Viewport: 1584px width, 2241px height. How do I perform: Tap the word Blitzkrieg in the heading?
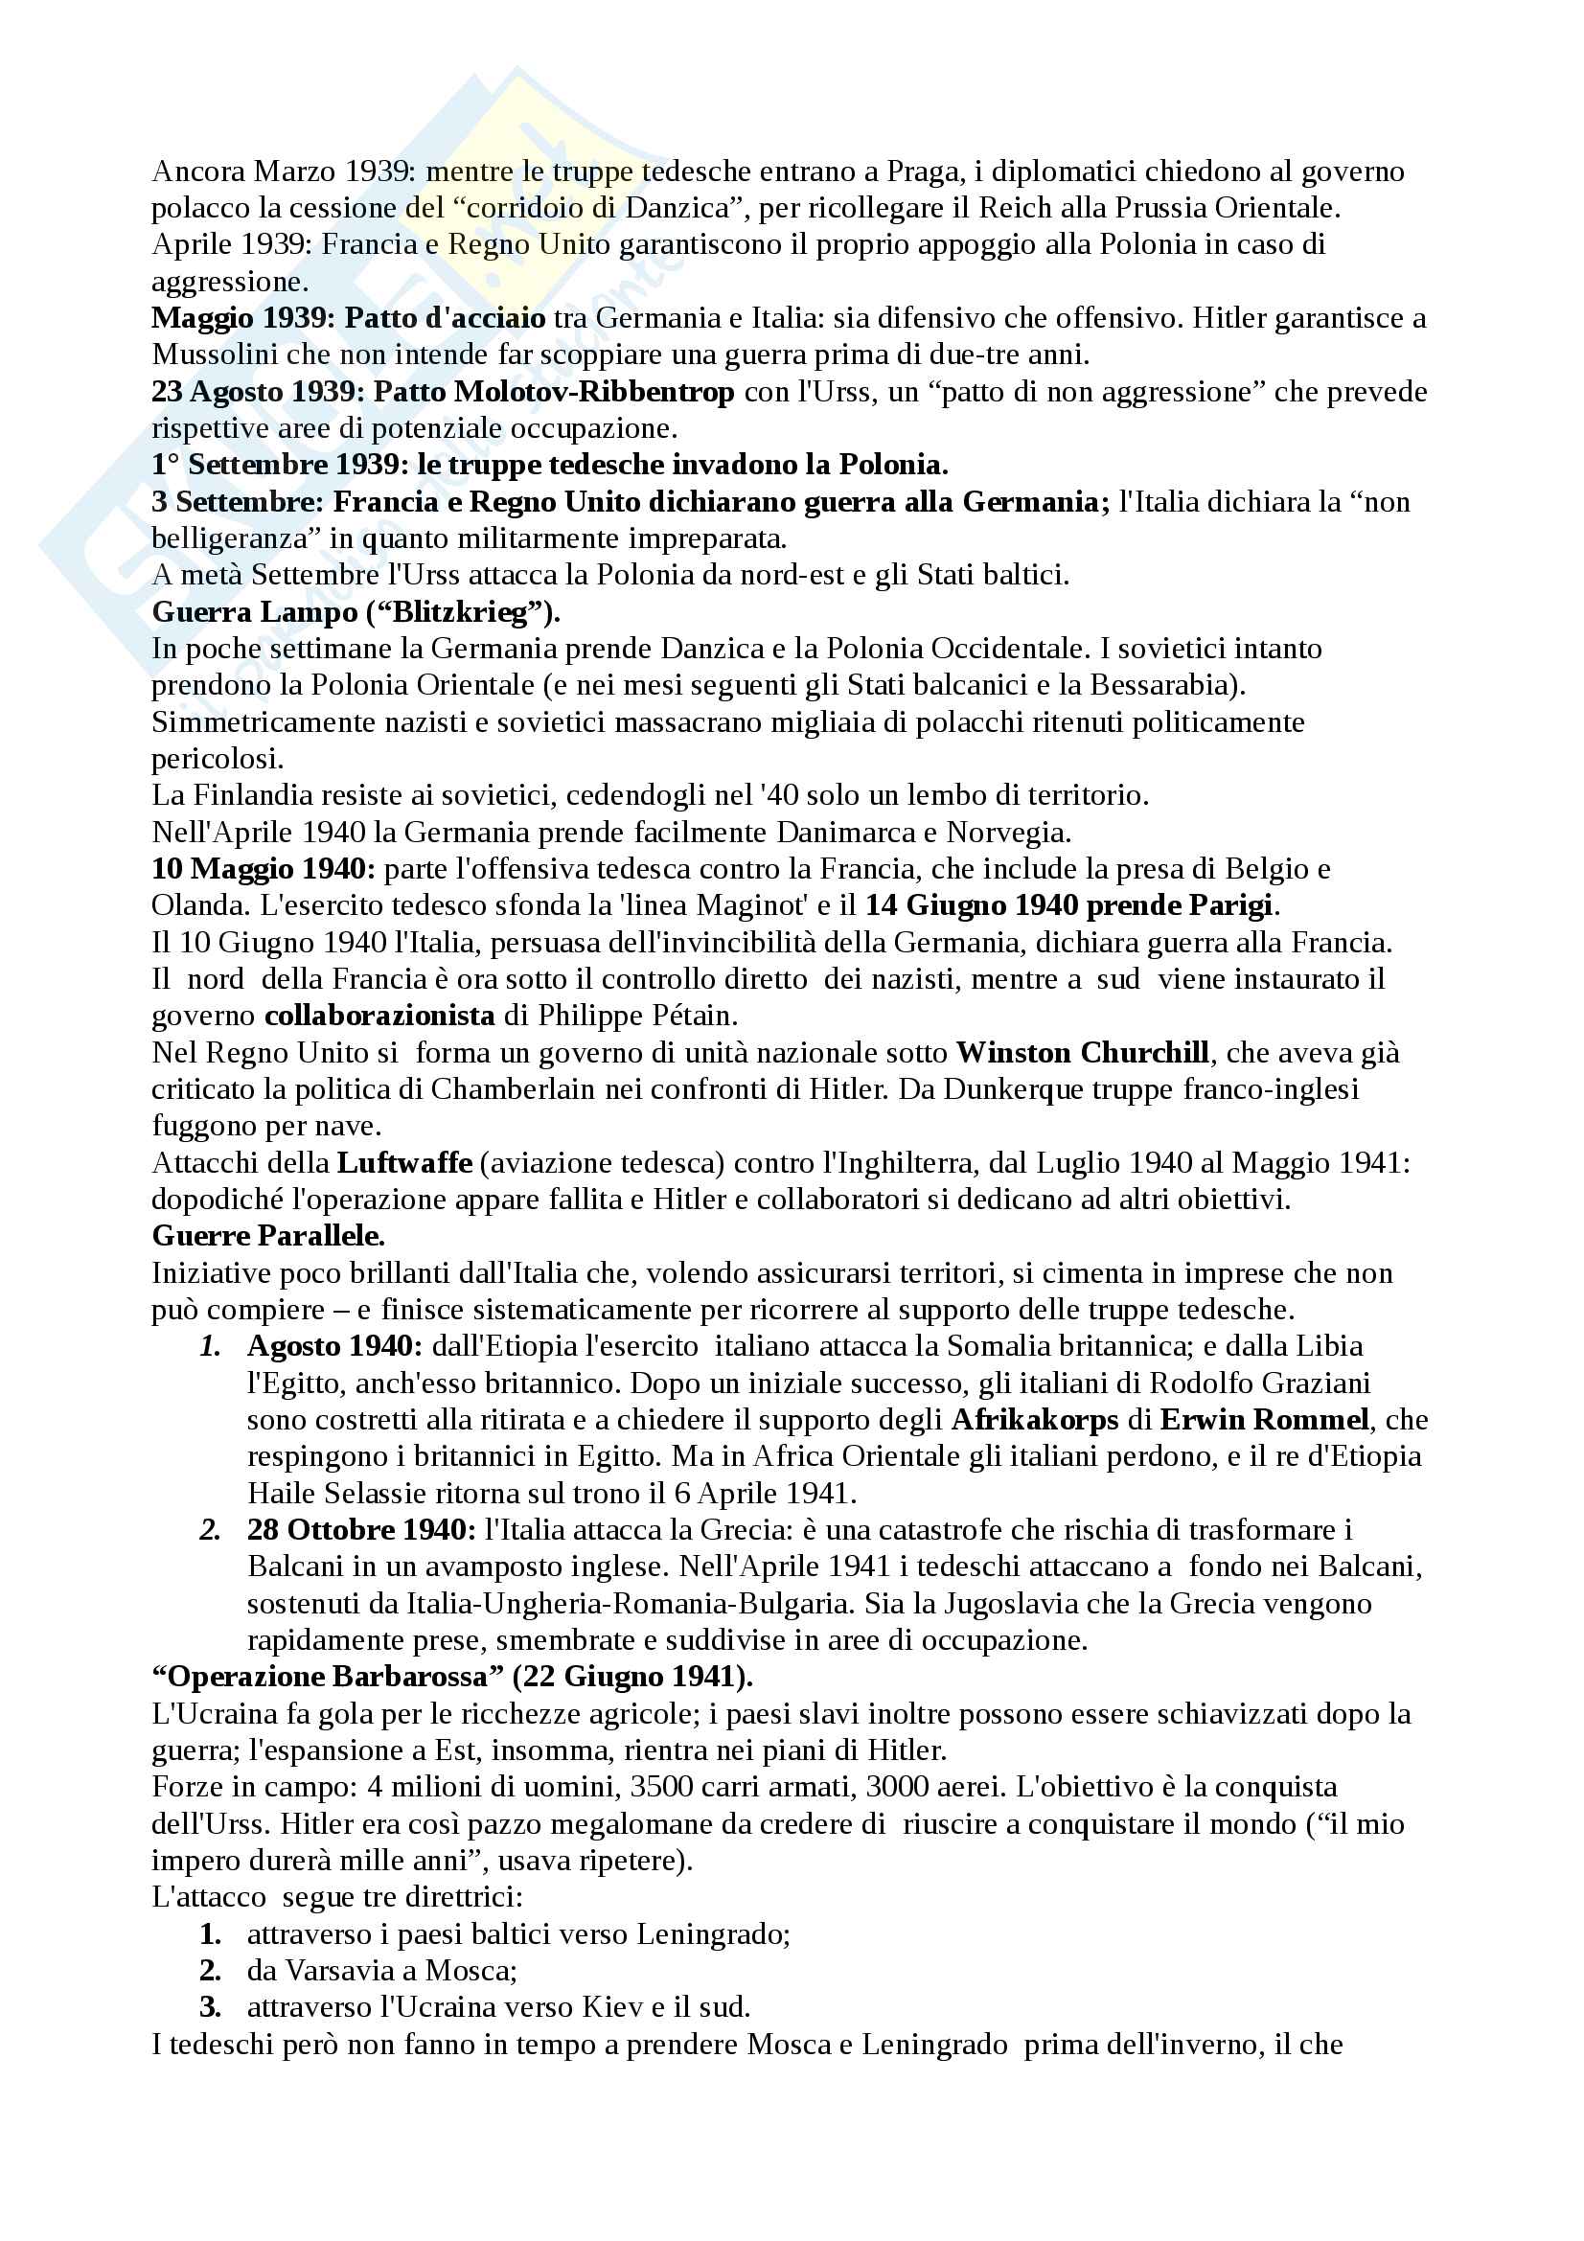click(459, 613)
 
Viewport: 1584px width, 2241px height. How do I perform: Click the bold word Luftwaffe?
click(405, 1164)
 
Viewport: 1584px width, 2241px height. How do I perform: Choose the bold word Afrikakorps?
click(1034, 1421)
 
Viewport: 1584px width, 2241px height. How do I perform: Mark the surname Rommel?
click(1310, 1421)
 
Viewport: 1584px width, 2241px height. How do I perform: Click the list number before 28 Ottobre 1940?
click(210, 1531)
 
